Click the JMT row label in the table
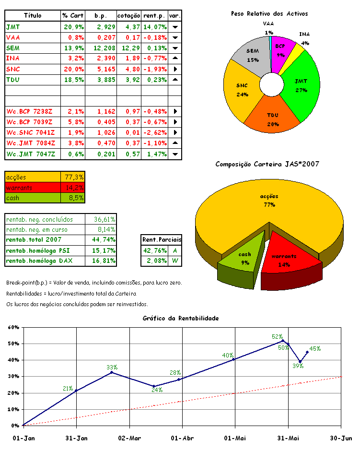(13, 27)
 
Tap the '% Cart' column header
(73, 16)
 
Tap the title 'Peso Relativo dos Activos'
(269, 14)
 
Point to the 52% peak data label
(277, 337)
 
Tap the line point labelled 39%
(300, 362)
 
